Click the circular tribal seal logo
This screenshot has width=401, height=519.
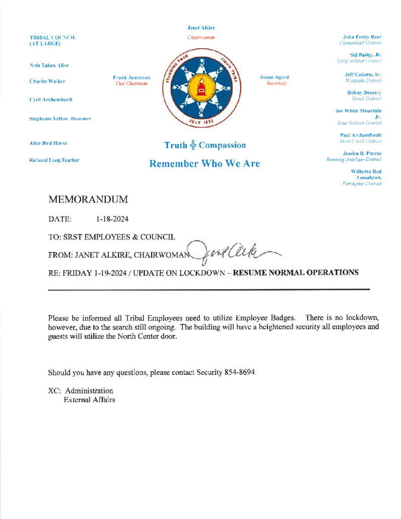(x=201, y=89)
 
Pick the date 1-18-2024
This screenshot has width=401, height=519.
(x=112, y=220)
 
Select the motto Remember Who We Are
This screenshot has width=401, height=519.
(x=201, y=164)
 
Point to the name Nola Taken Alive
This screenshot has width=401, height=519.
(x=49, y=66)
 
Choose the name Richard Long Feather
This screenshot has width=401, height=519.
(x=54, y=160)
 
